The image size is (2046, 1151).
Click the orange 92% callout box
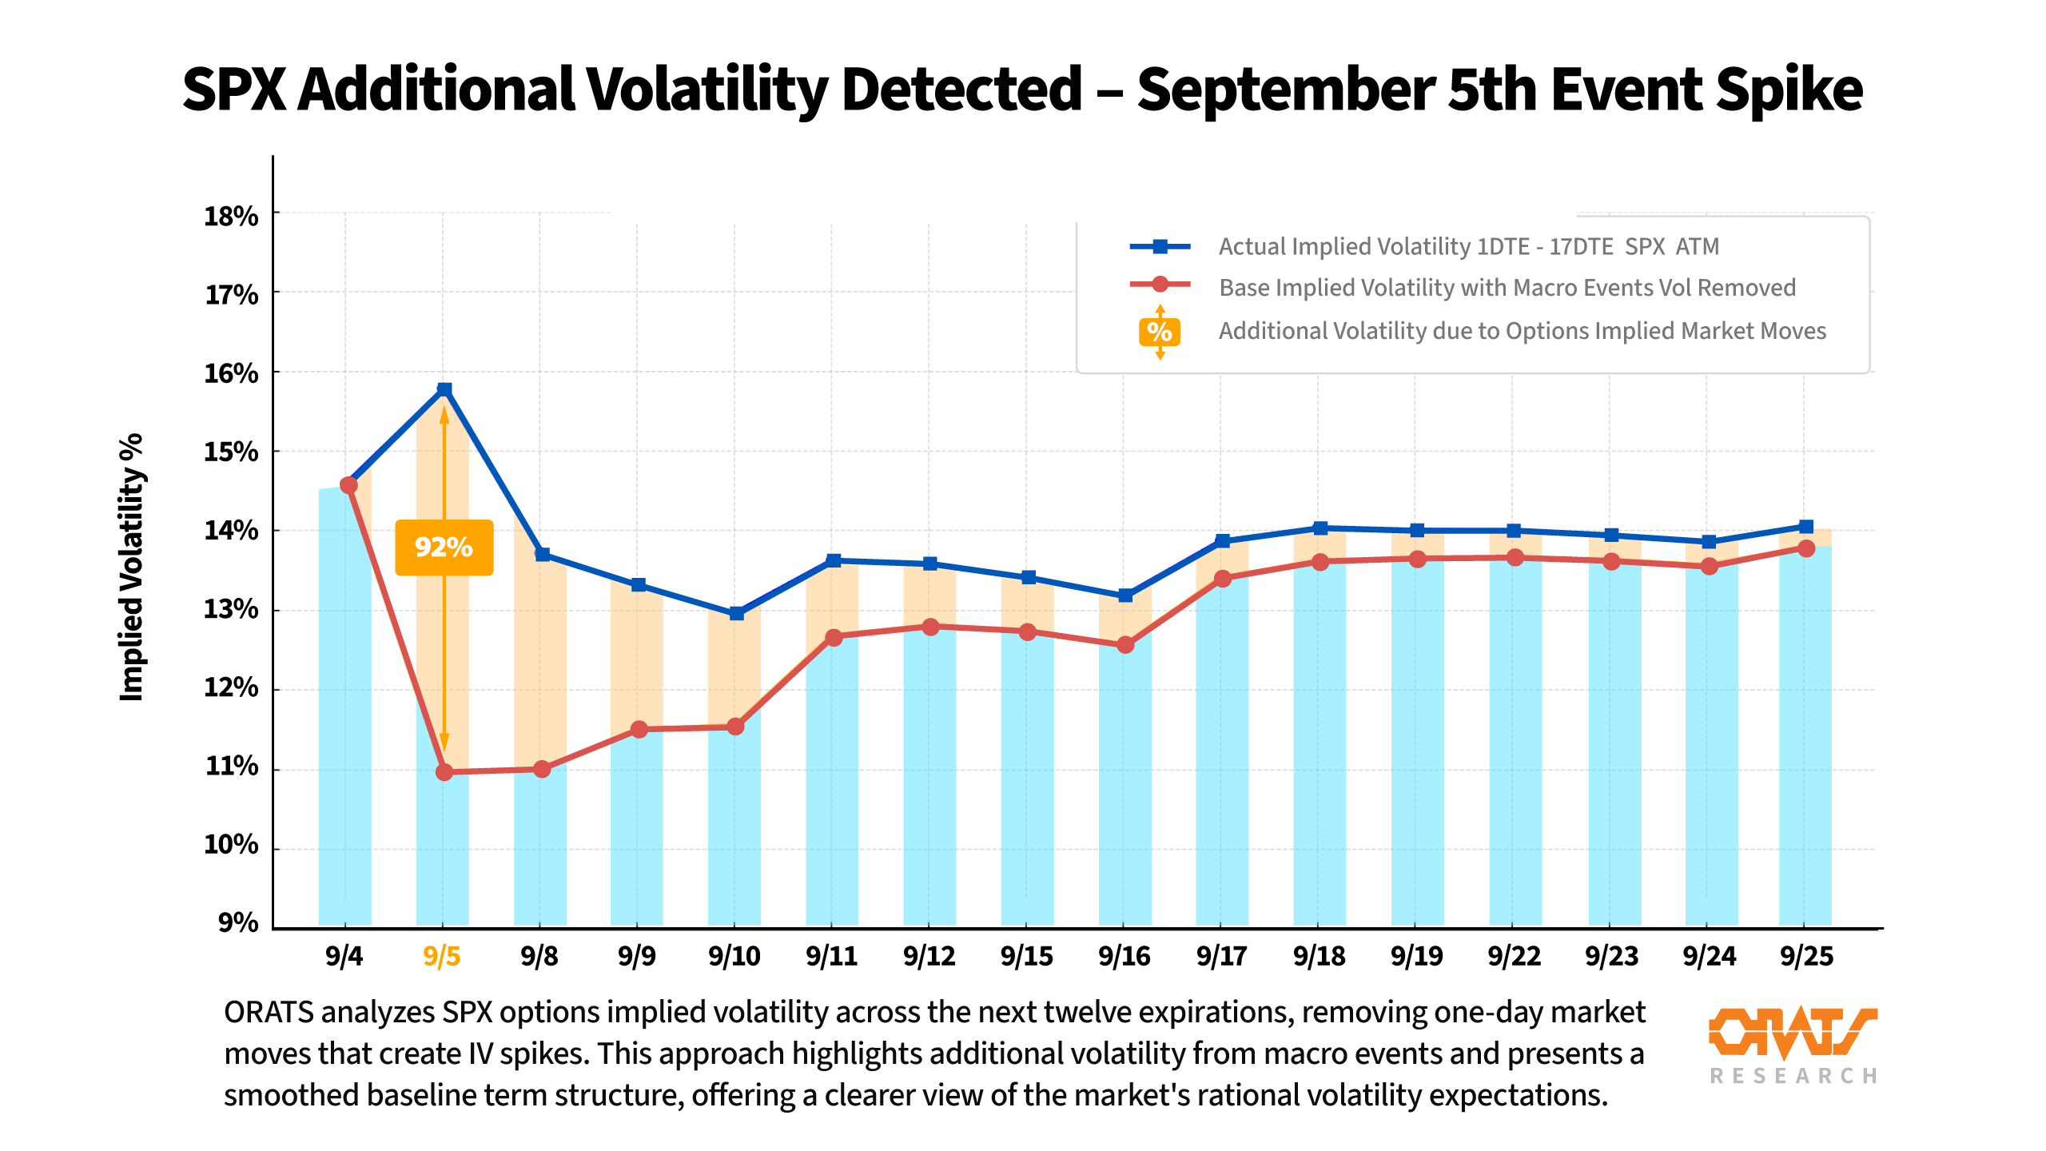point(444,548)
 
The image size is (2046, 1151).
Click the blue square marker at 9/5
point(444,389)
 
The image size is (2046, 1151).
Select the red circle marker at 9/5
point(444,772)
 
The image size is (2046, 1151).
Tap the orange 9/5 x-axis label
point(442,956)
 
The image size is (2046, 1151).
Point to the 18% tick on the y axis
point(231,217)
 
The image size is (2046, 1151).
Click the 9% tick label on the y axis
point(238,923)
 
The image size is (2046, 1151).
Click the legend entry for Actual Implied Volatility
point(1468,246)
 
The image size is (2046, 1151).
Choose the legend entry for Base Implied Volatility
point(1507,288)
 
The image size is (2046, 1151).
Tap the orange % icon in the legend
point(1160,331)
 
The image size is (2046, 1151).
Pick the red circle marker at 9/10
point(736,727)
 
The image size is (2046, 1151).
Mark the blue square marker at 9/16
point(1125,595)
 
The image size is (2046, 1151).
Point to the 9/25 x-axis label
point(1806,956)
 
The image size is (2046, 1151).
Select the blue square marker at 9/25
point(1806,526)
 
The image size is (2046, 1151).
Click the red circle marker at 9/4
point(348,485)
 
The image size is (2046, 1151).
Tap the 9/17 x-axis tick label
point(1221,956)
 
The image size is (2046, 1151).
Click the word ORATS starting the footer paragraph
point(269,1013)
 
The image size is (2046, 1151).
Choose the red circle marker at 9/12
point(930,627)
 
